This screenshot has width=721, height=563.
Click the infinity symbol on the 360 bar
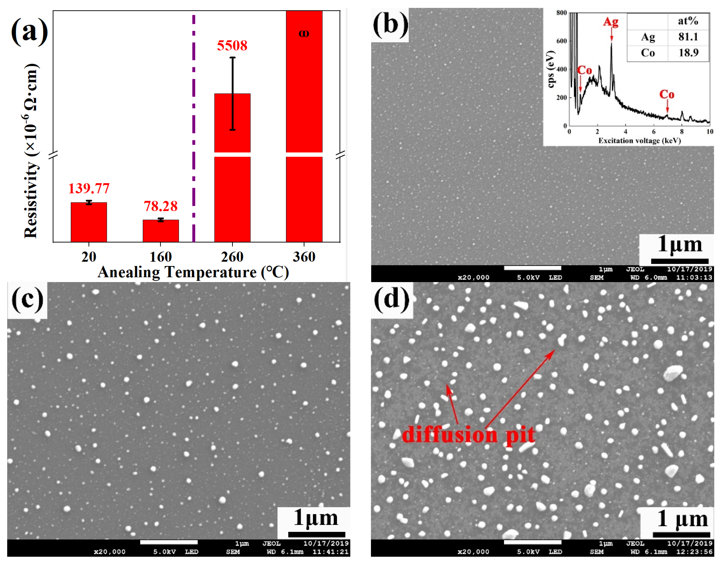pos(304,33)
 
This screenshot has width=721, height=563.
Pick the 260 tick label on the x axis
pos(232,257)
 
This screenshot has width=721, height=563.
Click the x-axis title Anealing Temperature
pos(193,272)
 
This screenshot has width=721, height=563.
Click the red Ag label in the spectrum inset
pos(611,22)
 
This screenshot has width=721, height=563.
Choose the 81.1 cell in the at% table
pos(688,37)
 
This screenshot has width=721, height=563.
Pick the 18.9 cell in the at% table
pos(688,53)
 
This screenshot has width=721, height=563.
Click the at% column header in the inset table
pos(688,21)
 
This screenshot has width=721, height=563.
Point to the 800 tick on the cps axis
pos(562,13)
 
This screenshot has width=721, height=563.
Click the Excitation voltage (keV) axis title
pos(640,141)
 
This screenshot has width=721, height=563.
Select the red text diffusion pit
pos(468,435)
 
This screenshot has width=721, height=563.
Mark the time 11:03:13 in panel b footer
pos(694,278)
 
